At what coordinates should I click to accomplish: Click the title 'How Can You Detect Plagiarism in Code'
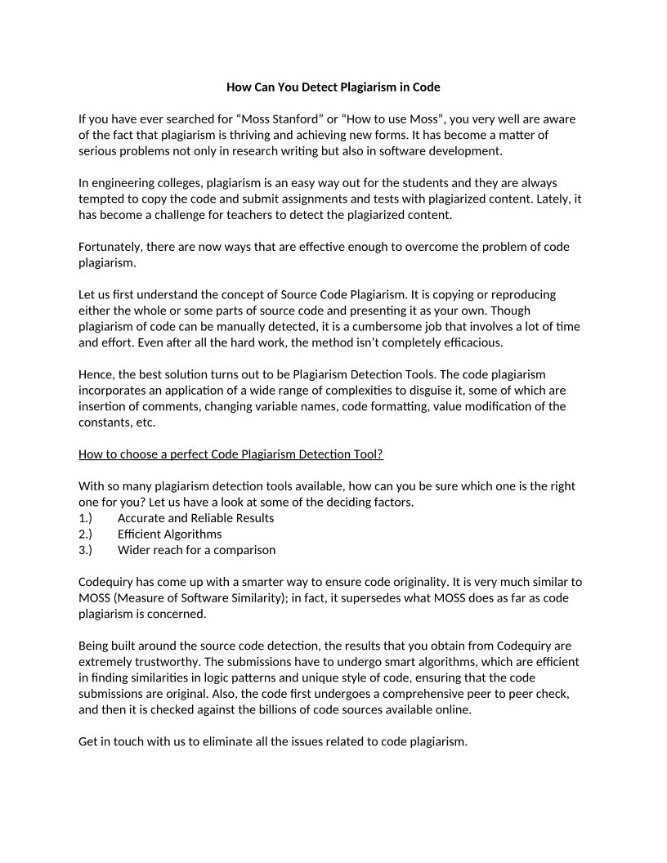(333, 87)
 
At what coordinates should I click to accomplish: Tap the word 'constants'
(105, 423)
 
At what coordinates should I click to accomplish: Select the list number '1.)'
(86, 518)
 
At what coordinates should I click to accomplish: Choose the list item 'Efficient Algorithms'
(169, 534)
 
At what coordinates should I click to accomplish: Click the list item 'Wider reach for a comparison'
(196, 550)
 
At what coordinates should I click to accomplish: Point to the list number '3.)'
(86, 550)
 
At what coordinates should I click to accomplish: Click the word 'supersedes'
(383, 598)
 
